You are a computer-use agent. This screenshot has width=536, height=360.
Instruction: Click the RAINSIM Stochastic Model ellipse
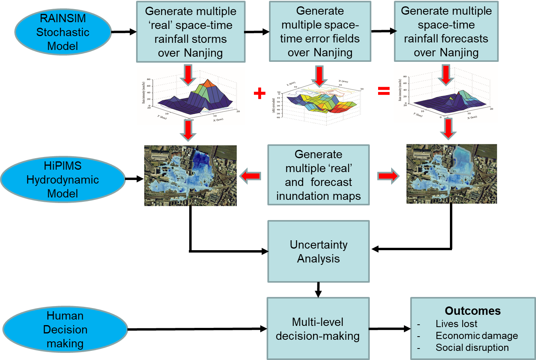(63, 32)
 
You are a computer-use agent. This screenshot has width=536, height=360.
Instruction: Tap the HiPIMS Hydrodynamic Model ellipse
(63, 180)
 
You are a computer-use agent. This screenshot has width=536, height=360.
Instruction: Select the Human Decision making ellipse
(65, 329)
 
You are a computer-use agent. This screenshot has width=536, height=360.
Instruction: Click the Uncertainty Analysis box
(318, 251)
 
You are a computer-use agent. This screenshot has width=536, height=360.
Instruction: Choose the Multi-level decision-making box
(318, 329)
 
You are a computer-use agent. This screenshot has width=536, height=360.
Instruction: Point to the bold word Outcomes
(473, 311)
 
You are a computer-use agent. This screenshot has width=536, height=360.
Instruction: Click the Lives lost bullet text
(456, 324)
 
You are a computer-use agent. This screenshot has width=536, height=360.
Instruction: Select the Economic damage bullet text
(476, 336)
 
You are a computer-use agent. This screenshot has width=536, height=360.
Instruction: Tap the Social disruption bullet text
(472, 348)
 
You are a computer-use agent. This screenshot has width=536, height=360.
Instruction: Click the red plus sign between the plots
(259, 93)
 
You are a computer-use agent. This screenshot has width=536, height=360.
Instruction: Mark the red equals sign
(384, 92)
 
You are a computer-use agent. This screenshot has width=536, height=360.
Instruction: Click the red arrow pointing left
(250, 176)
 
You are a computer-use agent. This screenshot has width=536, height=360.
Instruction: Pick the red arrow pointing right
(388, 176)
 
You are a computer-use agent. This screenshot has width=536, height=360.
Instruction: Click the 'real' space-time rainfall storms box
(190, 32)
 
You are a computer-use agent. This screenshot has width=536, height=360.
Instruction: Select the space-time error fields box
(320, 31)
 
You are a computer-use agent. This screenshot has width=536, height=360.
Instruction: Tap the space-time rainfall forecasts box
(446, 31)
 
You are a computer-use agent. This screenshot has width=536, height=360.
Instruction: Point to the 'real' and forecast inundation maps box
(318, 175)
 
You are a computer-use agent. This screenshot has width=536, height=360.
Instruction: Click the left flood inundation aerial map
(190, 176)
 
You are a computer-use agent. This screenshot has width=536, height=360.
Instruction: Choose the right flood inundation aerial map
(451, 174)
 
